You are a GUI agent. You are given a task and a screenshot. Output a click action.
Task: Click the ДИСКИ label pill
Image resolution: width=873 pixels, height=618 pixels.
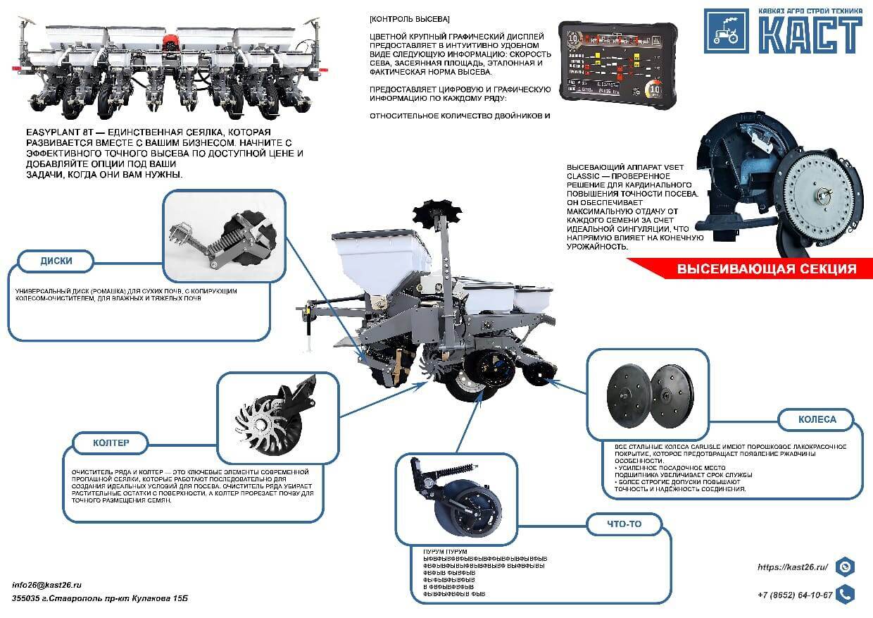click(x=56, y=261)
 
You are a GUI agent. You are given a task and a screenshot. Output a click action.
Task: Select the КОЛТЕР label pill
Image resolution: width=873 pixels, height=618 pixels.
click(x=111, y=443)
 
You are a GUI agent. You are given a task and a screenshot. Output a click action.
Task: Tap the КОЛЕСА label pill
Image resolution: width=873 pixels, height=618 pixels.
click(x=817, y=419)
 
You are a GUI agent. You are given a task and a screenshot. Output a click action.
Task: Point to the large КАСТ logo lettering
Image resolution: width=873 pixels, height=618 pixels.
click(x=810, y=33)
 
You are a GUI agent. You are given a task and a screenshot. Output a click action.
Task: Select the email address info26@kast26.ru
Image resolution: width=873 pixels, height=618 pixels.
click(x=47, y=585)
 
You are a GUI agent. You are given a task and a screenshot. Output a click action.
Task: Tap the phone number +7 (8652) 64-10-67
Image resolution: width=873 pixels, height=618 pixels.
click(x=795, y=595)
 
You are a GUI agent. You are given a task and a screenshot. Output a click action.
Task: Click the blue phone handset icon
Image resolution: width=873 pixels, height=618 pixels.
click(x=846, y=594)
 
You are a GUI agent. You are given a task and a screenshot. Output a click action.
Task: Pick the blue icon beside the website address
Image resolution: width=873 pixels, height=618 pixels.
click(x=846, y=567)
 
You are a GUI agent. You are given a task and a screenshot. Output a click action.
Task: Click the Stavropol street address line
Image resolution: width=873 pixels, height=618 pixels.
click(x=101, y=598)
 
